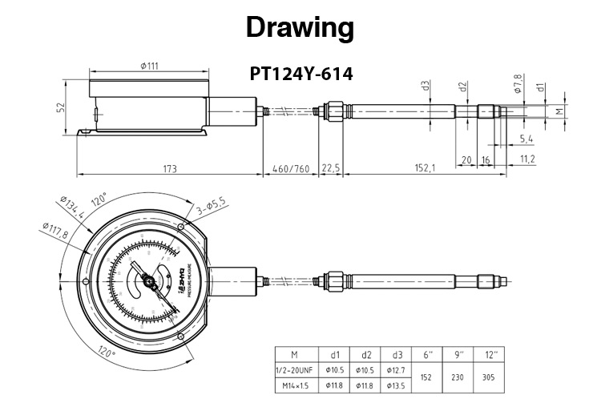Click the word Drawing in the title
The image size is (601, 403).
tap(300, 29)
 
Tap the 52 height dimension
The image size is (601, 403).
tap(61, 107)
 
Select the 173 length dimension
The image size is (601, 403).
tap(169, 168)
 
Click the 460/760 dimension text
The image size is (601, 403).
tap(290, 168)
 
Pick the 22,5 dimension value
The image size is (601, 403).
tap(330, 168)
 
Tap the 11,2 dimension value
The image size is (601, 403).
tap(526, 159)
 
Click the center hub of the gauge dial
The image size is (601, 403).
tap(149, 279)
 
